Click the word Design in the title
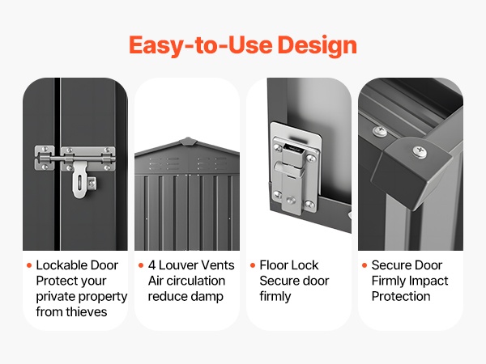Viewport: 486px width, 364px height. click(317, 45)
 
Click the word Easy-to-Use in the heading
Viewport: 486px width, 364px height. click(201, 44)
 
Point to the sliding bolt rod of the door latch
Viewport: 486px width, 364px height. click(75, 159)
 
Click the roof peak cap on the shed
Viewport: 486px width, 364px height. click(187, 141)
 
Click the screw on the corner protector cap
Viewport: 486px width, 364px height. click(420, 152)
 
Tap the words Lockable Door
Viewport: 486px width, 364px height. click(77, 265)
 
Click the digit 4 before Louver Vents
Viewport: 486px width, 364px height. click(151, 265)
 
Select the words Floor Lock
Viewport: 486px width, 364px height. click(289, 265)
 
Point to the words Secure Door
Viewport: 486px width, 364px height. click(407, 265)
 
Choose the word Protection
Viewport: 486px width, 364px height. click(401, 296)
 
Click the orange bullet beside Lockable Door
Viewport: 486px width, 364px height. click(29, 265)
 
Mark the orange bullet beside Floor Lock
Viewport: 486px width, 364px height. click(253, 265)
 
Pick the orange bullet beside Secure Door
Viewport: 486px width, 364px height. click(364, 265)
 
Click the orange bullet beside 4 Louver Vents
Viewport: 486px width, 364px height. click(141, 265)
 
